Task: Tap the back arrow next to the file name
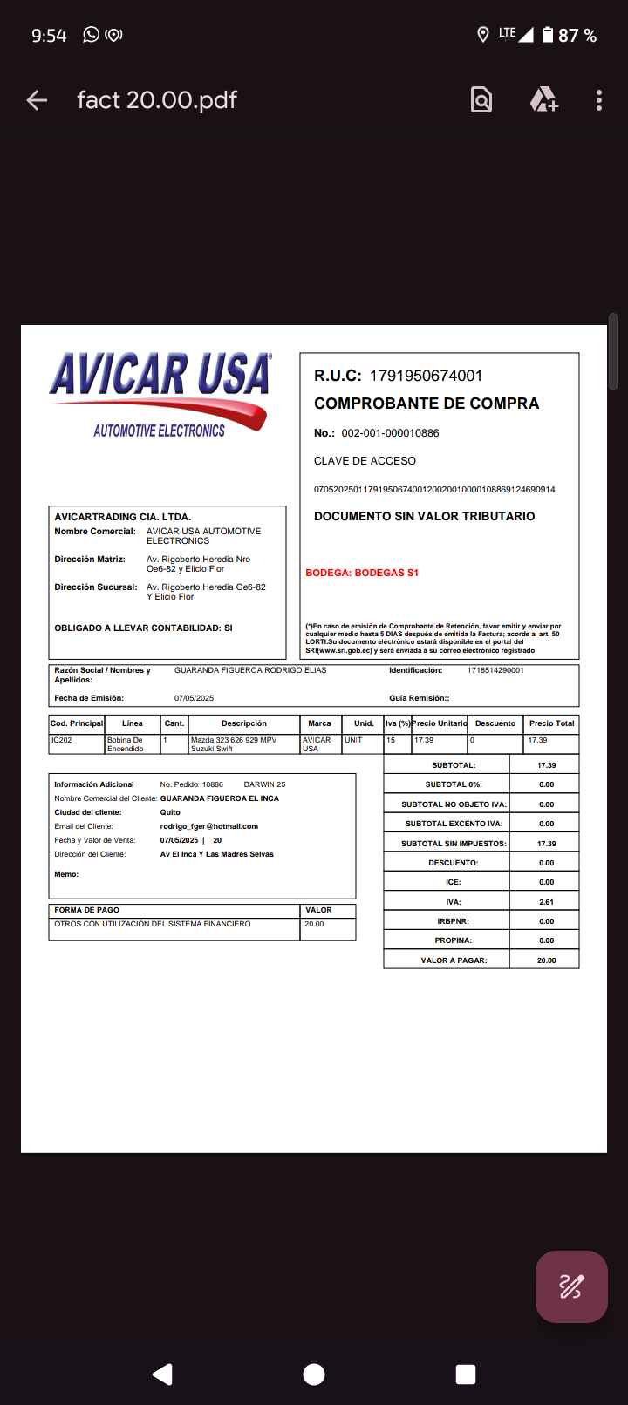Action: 37,100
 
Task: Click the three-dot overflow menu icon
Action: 599,100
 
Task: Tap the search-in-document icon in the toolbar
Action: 481,100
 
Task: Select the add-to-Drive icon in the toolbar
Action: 543,100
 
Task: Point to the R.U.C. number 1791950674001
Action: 426,376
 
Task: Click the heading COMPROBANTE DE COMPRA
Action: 427,404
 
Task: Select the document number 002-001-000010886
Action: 390,433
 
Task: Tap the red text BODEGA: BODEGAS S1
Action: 362,573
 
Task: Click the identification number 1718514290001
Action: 495,670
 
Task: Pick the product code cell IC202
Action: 61,740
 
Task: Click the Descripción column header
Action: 244,723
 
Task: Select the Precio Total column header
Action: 551,723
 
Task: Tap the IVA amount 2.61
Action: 546,902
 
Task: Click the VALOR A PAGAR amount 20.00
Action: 546,960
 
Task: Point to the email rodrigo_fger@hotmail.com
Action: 209,826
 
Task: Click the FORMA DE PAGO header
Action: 87,910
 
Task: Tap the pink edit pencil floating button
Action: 571,1286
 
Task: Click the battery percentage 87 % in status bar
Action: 577,36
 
